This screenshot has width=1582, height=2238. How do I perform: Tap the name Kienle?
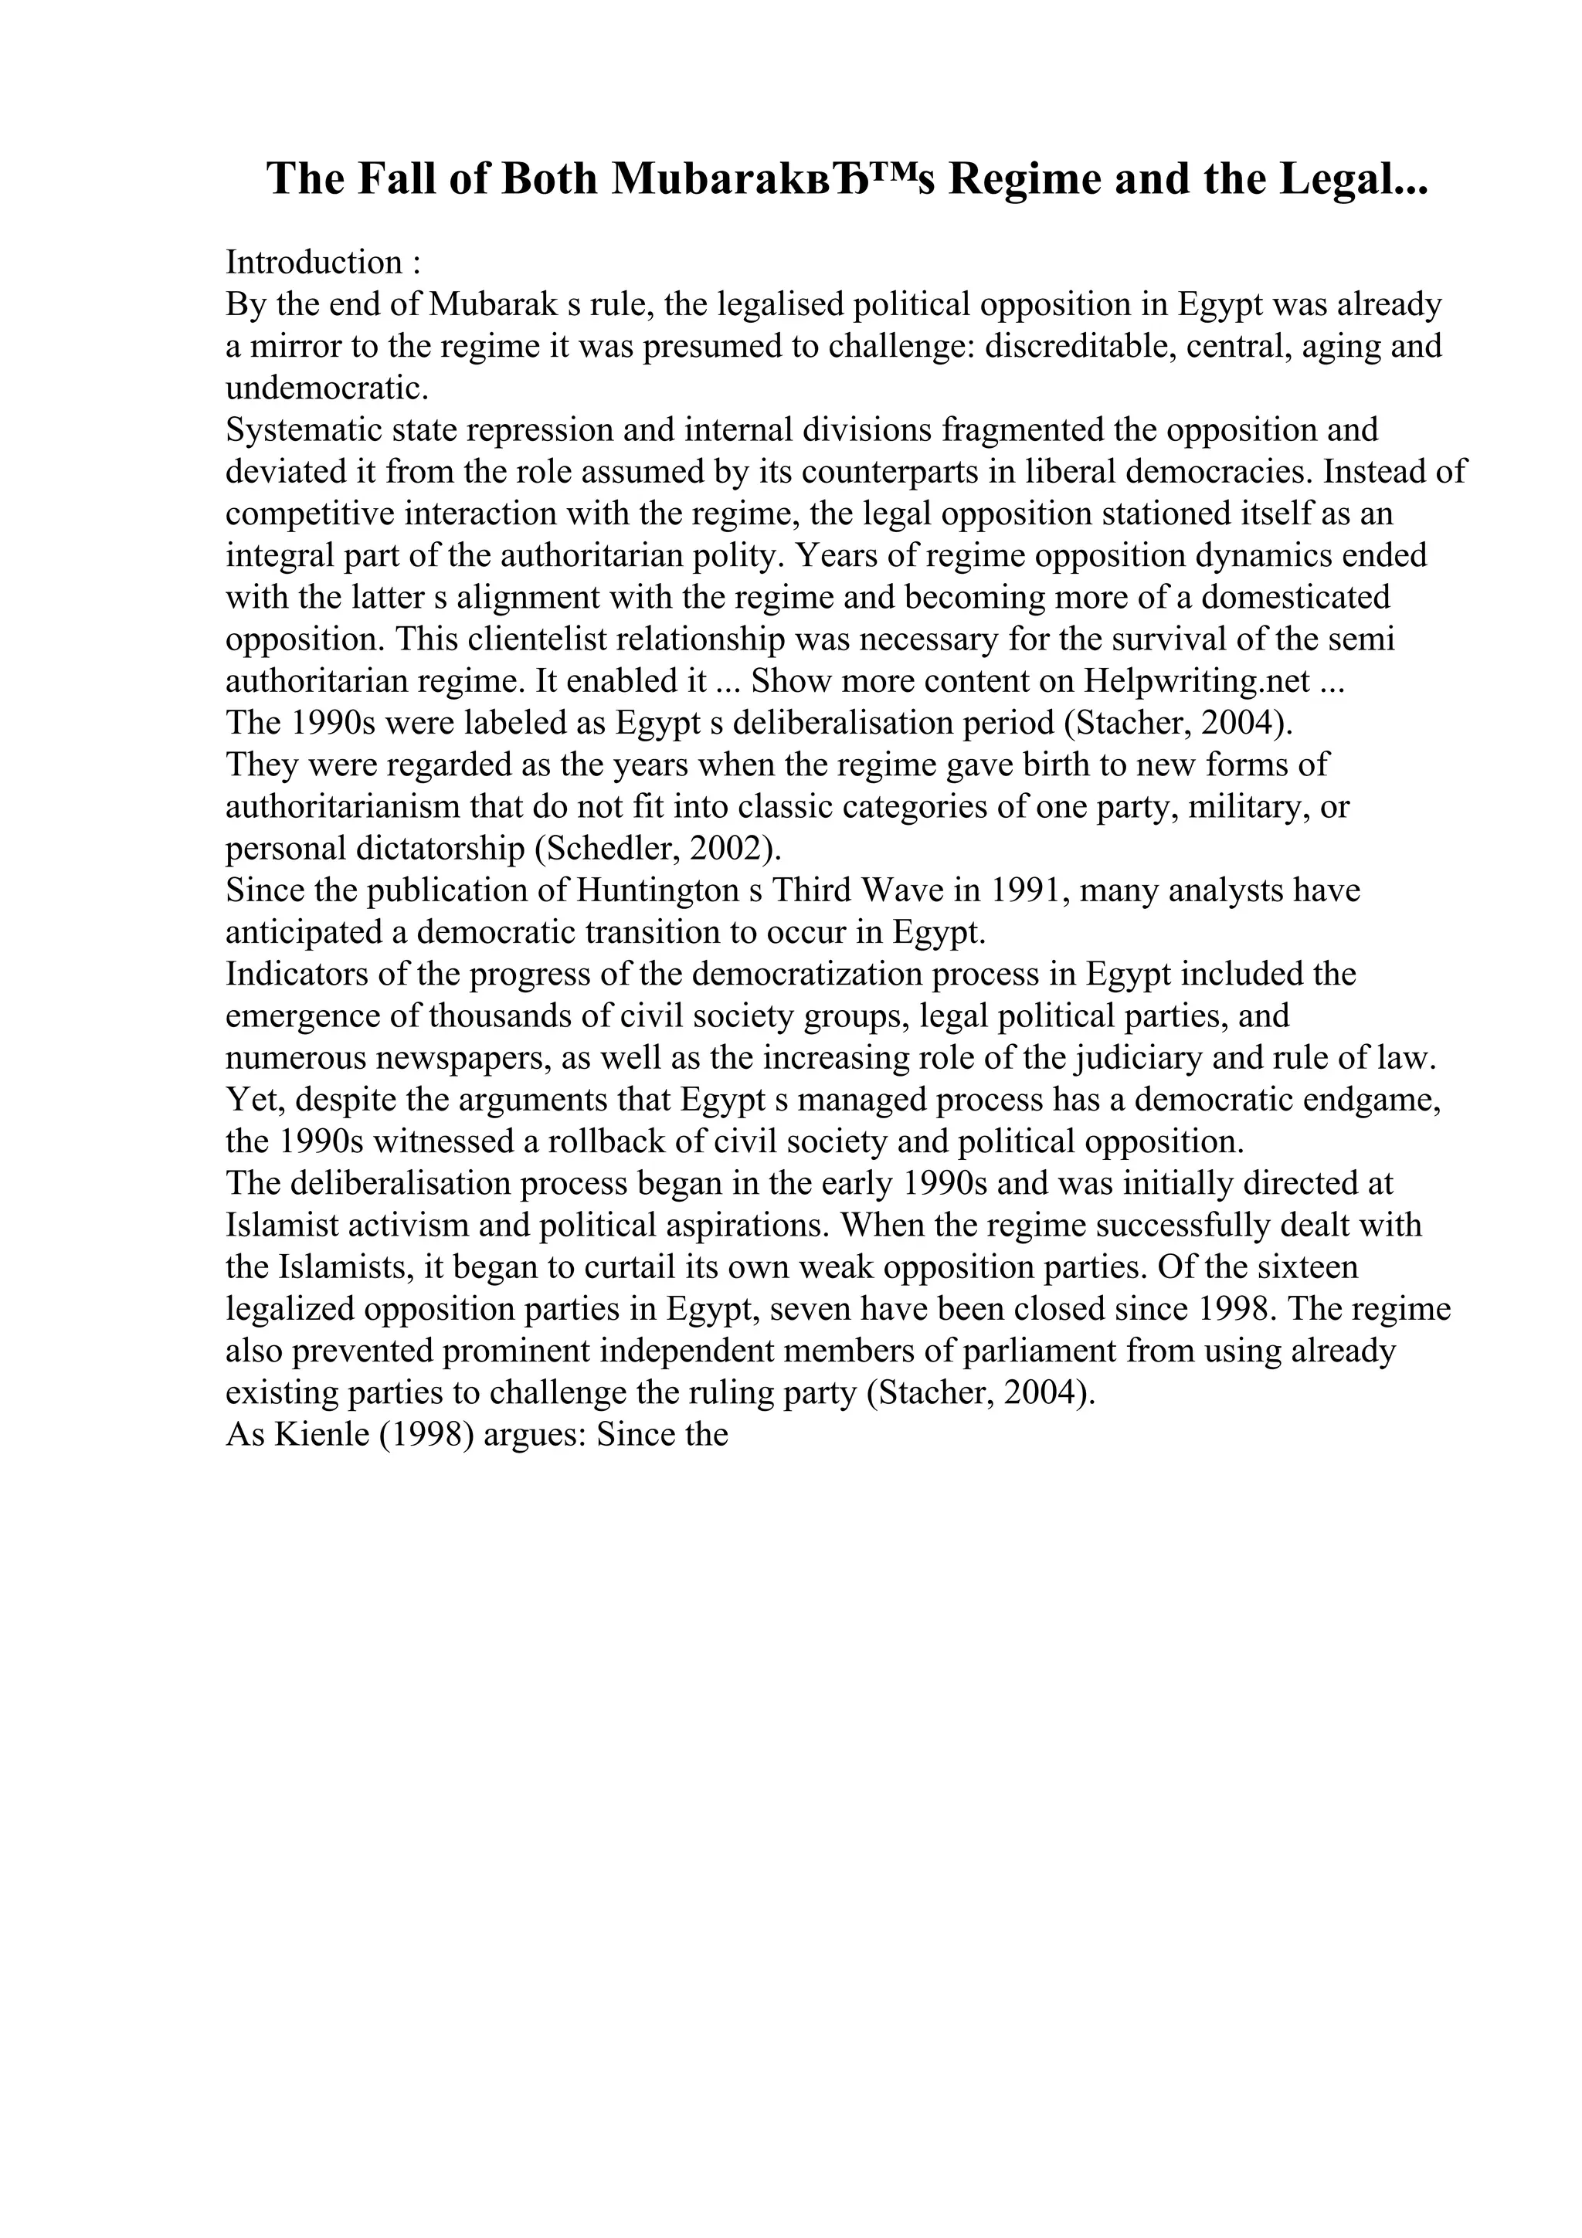(x=316, y=1435)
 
